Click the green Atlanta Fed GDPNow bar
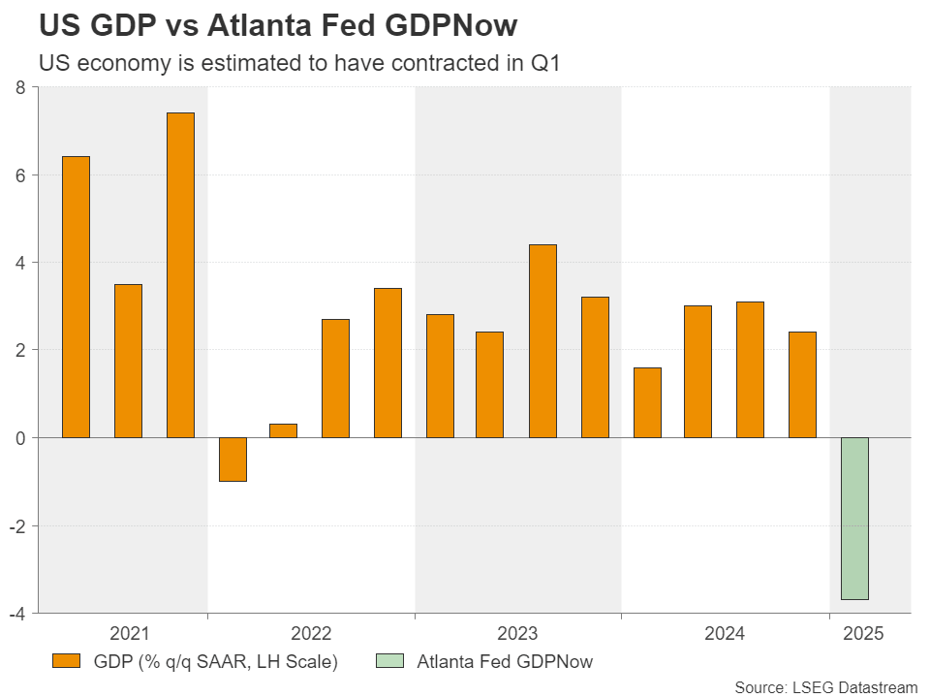point(854,519)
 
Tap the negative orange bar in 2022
point(232,460)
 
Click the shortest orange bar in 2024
point(646,402)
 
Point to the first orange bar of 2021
point(76,297)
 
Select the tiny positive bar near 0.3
point(283,430)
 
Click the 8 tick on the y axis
point(19,88)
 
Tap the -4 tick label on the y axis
point(15,613)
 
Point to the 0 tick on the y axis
point(19,438)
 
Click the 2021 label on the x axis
point(129,634)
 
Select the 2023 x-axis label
point(517,634)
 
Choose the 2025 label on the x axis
point(862,634)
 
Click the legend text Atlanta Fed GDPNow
point(505,662)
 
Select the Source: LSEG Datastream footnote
point(825,687)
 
